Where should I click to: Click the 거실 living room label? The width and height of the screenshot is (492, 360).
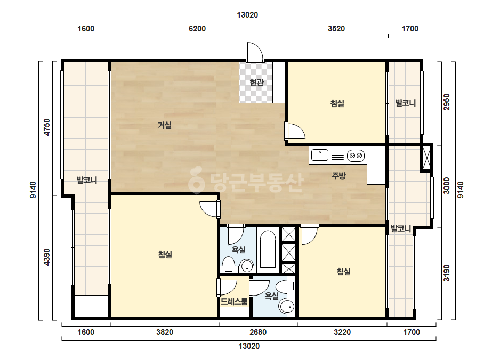click(x=164, y=126)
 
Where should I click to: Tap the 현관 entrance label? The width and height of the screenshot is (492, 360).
click(x=256, y=83)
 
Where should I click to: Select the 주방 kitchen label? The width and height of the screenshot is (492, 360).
click(x=338, y=176)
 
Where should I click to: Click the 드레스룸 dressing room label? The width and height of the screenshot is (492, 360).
click(x=234, y=301)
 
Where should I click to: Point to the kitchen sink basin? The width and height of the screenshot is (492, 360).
click(x=320, y=155)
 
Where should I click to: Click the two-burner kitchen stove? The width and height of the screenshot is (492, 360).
click(x=356, y=155)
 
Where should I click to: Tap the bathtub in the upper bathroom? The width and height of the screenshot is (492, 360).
click(x=268, y=249)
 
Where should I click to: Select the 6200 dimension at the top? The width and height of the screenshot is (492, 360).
click(x=197, y=29)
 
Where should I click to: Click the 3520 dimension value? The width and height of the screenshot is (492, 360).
click(x=336, y=29)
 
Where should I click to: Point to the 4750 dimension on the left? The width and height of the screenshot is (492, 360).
click(x=47, y=127)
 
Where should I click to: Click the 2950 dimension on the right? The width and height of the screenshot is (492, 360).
click(x=447, y=102)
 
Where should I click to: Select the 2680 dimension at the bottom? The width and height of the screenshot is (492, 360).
click(x=258, y=332)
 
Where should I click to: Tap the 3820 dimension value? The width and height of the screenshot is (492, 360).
click(x=165, y=332)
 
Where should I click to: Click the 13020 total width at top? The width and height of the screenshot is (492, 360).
click(x=247, y=15)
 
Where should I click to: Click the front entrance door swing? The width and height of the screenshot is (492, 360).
click(x=254, y=51)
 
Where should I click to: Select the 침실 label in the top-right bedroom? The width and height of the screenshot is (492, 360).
click(x=337, y=103)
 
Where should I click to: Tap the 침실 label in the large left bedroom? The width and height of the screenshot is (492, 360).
click(x=165, y=255)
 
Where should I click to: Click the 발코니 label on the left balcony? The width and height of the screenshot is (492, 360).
click(x=87, y=181)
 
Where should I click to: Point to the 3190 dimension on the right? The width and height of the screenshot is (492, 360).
click(x=447, y=273)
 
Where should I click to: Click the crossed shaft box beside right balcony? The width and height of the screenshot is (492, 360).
click(x=426, y=157)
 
